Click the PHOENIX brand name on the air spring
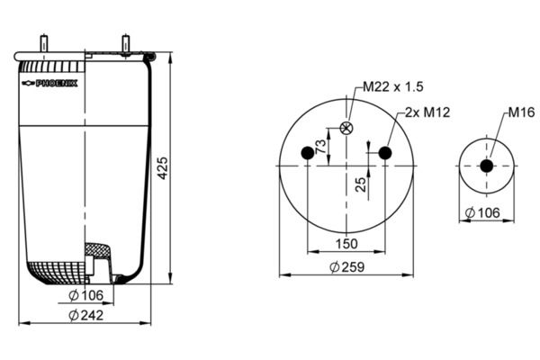(56, 83)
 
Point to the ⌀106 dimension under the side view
(85, 295)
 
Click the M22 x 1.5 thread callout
(393, 86)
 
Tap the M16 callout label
(521, 112)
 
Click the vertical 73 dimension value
(320, 147)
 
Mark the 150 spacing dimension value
(347, 244)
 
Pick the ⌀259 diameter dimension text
(347, 267)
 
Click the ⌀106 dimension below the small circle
(485, 213)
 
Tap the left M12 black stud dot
(309, 153)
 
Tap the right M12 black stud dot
(385, 153)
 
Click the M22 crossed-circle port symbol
(347, 127)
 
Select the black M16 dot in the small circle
(486, 166)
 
